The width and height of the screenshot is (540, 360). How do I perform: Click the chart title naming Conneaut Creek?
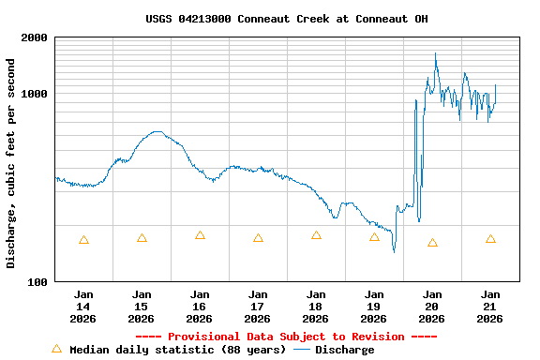pos(287,19)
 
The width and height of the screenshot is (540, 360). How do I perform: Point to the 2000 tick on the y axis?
pos(35,38)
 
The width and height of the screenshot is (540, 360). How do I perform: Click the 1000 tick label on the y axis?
pos(35,95)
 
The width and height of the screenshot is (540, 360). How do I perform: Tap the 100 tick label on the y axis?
pos(37,282)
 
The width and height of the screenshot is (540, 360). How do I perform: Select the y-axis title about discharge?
pos(11,163)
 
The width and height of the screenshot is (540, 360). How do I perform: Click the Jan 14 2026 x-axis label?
pos(83,307)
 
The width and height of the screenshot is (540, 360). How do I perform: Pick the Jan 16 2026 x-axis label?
pos(200,307)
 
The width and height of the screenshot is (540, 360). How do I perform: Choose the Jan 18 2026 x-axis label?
pos(316,307)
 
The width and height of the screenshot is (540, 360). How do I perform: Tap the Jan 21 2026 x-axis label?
pos(490,307)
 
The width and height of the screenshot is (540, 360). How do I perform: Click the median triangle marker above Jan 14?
pos(83,240)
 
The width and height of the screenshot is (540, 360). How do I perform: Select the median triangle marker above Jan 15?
pos(142,238)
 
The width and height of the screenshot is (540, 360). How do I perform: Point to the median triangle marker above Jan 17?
pos(258,238)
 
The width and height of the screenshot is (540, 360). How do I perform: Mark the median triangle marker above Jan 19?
pos(374,237)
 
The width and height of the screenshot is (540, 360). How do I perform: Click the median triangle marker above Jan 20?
pos(432,243)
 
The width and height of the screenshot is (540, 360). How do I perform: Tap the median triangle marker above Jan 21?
pos(490,239)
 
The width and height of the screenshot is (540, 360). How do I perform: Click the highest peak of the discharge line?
pos(436,54)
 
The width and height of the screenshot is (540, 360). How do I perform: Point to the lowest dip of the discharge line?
pos(394,251)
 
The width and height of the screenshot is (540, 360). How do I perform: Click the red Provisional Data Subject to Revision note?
pos(287,337)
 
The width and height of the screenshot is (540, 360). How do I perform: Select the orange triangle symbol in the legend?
pos(56,349)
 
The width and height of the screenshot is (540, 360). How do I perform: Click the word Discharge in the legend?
pos(344,350)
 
